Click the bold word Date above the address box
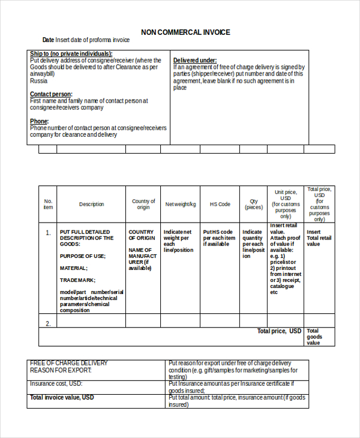tap(48, 40)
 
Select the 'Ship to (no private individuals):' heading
tap(71, 54)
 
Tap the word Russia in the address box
tap(38, 80)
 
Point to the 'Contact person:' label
tap(51, 94)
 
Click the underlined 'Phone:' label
tap(39, 121)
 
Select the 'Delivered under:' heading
tap(195, 61)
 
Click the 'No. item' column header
tap(48, 204)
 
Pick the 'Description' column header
tap(91, 205)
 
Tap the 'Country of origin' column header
tap(143, 205)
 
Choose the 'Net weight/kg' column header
tap(181, 205)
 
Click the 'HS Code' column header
tap(220, 205)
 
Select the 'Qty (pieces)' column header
tap(254, 205)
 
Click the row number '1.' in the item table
tap(48, 232)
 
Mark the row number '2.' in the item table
tap(48, 323)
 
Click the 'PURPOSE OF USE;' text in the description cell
tap(82, 256)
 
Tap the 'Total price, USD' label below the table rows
tap(279, 331)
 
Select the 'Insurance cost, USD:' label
tap(56, 383)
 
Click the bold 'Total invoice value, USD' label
tap(62, 398)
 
